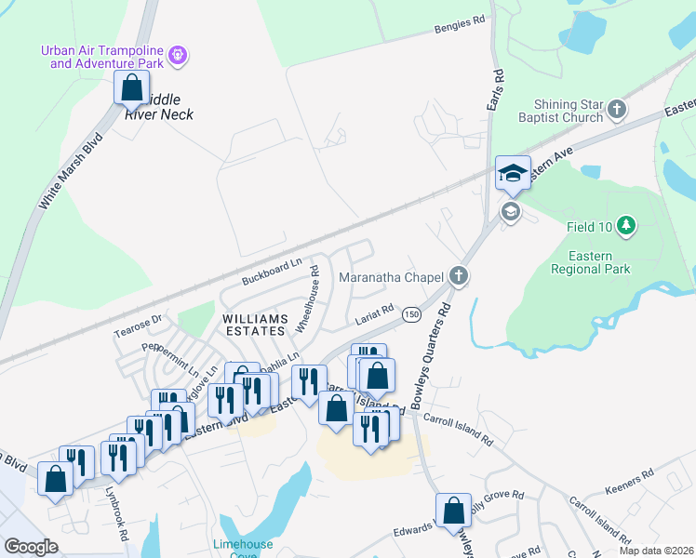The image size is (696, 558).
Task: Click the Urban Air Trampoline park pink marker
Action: coord(178,58)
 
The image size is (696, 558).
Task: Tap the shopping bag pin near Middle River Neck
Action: coord(131,89)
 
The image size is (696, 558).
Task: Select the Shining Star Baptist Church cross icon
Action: coord(616,112)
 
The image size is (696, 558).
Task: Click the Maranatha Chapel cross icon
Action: coord(457,275)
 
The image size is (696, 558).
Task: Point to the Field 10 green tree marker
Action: coord(626,226)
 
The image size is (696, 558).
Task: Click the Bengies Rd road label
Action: coord(460,30)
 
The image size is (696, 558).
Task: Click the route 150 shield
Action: coord(410,316)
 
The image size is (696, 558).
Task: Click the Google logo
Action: coord(31,546)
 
